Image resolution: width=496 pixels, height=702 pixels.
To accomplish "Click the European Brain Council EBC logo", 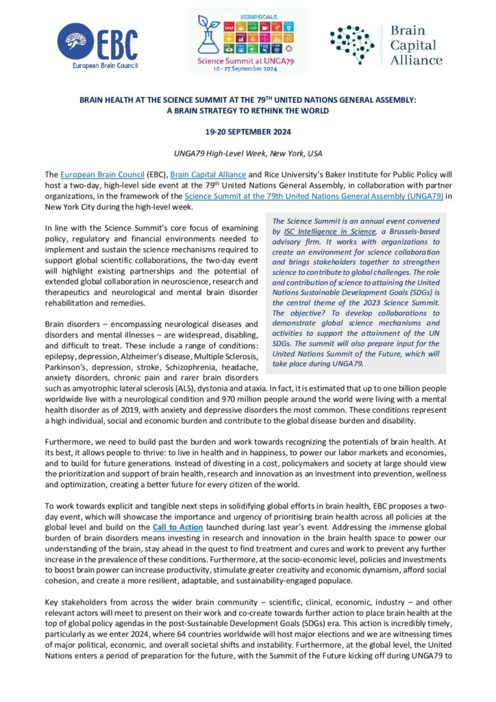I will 97,45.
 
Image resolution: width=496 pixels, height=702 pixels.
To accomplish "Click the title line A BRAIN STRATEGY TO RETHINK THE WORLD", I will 247,110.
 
